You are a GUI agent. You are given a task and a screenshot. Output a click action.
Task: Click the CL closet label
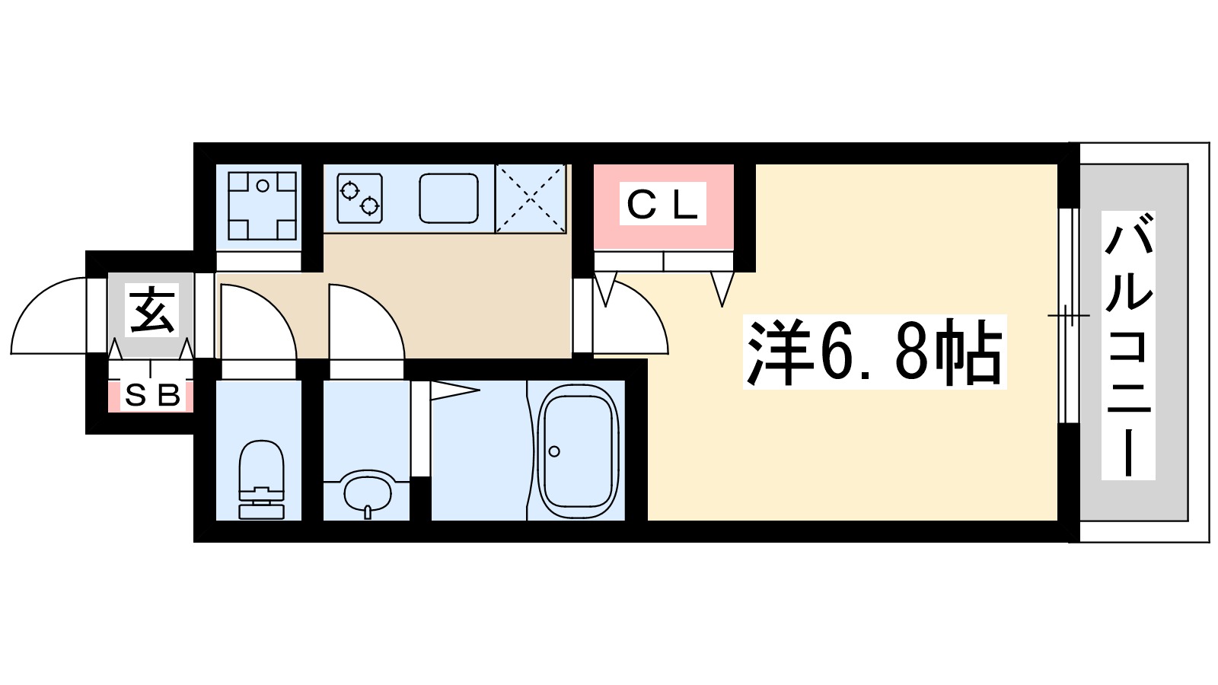tap(662, 204)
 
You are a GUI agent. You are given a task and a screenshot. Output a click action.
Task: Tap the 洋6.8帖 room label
tap(874, 352)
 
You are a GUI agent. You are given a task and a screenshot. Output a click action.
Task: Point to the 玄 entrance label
tap(152, 311)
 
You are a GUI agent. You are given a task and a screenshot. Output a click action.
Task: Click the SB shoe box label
tap(152, 395)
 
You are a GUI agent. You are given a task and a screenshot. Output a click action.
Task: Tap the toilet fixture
tap(261, 479)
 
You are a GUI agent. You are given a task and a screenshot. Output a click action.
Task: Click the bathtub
tap(576, 452)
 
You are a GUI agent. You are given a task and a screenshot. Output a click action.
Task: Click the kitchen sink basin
tap(448, 198)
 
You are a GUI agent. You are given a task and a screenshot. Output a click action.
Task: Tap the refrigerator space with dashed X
tap(531, 198)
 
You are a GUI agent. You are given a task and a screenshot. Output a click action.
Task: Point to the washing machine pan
tap(261, 205)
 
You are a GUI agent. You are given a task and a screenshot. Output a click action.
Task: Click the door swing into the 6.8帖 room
tap(632, 320)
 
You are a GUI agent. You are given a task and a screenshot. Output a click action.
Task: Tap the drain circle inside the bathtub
tap(554, 451)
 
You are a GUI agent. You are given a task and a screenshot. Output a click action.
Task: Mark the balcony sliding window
tap(1068, 314)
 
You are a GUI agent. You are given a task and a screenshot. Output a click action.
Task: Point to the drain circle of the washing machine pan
tap(263, 185)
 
